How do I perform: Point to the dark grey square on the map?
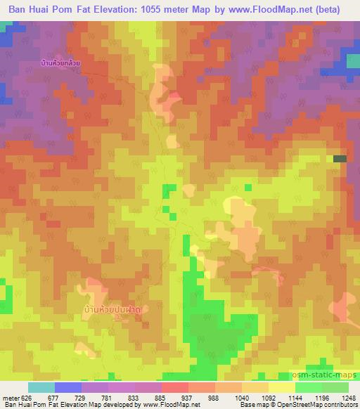pyautogui.click(x=340, y=160)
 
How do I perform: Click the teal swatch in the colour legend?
pyautogui.click(x=41, y=387)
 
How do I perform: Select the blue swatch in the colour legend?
pyautogui.click(x=68, y=387)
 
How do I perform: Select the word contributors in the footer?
pyautogui.click(x=339, y=405)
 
